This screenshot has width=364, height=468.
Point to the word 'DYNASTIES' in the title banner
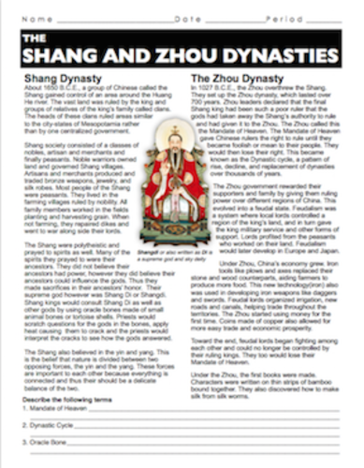pyautogui.click(x=283, y=51)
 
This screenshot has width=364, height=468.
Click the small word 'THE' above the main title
pyautogui.click(x=36, y=37)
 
